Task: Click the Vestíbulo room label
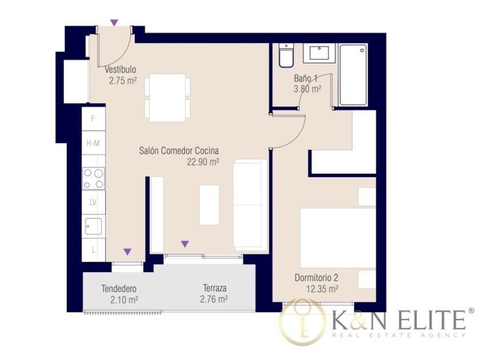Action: (121, 70)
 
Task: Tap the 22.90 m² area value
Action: (203, 162)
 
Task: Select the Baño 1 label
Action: (306, 78)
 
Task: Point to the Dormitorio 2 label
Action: (316, 278)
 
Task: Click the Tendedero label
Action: (119, 289)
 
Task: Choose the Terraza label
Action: (215, 288)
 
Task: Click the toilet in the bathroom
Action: (286, 55)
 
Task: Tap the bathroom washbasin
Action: (319, 53)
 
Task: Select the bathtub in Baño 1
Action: (353, 75)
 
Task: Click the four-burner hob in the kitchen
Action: (93, 178)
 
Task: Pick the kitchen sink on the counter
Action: (93, 226)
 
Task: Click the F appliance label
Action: (93, 118)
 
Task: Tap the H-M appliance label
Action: (93, 143)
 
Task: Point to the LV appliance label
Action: (93, 202)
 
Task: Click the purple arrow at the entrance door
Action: (114, 23)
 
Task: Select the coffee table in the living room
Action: (209, 205)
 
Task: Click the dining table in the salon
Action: (167, 98)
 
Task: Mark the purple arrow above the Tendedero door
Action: (127, 252)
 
